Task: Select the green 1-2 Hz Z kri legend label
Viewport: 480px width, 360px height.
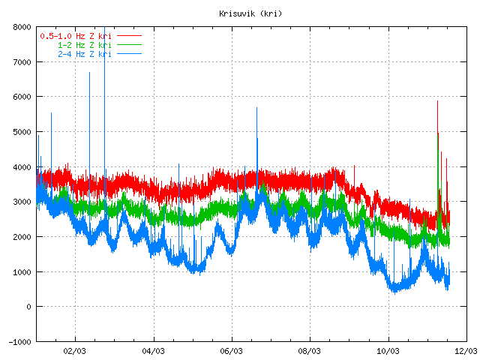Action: tap(84, 45)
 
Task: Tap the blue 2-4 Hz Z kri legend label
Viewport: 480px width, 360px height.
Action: tap(84, 54)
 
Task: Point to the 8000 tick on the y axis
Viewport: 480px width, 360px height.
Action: tap(21, 27)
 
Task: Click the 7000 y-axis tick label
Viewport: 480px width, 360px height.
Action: tap(21, 62)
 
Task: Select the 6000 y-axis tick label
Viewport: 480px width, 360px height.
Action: tap(21, 97)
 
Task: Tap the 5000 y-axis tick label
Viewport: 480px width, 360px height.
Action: tap(21, 132)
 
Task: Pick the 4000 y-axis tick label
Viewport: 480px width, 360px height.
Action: tap(21, 166)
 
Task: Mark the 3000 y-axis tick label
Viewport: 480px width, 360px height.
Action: tap(21, 202)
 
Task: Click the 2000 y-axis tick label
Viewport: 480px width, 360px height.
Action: tap(21, 236)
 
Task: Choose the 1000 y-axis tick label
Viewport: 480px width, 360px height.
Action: tap(21, 271)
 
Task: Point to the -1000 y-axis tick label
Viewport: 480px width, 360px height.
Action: tap(19, 341)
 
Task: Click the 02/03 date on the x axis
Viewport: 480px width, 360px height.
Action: tap(75, 350)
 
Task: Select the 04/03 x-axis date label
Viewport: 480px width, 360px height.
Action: tap(153, 350)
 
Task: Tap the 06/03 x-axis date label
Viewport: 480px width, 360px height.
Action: tap(232, 350)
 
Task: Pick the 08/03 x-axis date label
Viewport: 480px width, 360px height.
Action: tap(310, 350)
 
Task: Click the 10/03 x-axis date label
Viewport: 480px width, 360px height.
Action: tap(388, 350)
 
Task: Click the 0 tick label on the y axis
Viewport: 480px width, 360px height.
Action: tap(28, 306)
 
